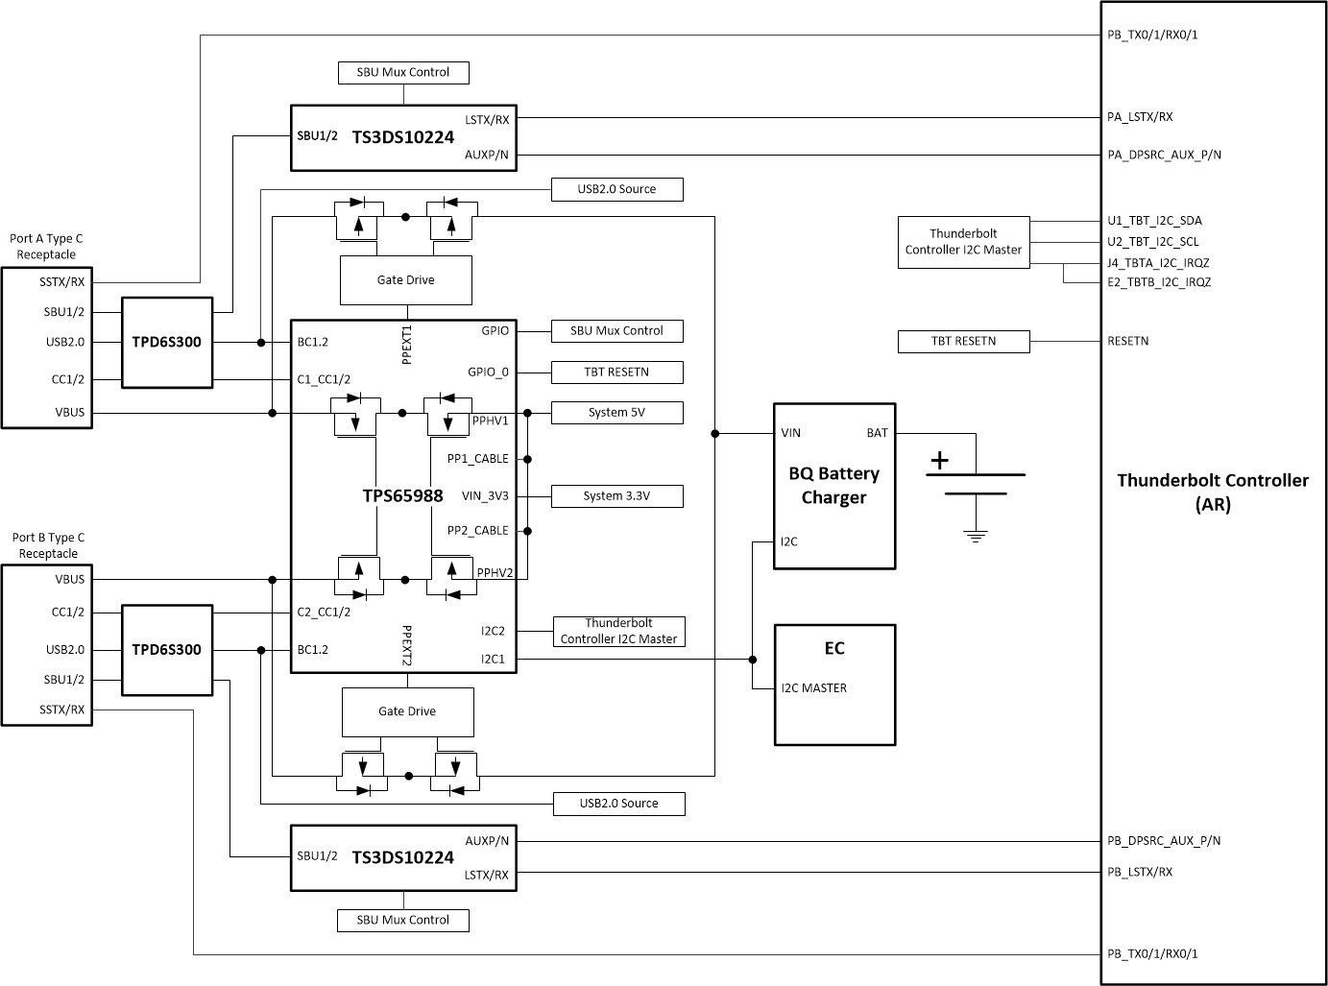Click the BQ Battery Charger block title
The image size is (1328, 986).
[833, 485]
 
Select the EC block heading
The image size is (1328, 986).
[833, 648]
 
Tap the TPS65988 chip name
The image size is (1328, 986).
[402, 495]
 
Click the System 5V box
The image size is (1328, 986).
[616, 413]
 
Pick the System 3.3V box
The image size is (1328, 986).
[616, 496]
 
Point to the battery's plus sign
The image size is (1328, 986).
[938, 461]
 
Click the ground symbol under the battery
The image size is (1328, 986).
[976, 537]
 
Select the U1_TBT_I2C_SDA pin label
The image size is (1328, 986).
[1154, 221]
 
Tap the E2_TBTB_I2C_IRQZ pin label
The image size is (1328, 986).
[1159, 282]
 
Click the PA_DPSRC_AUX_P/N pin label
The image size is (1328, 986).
[1164, 155]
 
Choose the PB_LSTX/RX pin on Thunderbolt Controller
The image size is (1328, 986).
[1140, 872]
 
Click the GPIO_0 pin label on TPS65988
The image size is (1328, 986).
[488, 373]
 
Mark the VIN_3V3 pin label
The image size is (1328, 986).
[485, 496]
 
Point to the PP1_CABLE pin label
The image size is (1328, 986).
[477, 459]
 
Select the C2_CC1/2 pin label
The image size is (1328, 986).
[324, 612]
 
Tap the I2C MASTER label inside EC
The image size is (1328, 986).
[813, 688]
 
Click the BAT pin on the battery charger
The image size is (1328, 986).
[877, 433]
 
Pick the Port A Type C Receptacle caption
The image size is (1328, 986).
[47, 247]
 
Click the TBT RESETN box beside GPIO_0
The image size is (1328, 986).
[616, 373]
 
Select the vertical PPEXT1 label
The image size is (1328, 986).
[407, 345]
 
